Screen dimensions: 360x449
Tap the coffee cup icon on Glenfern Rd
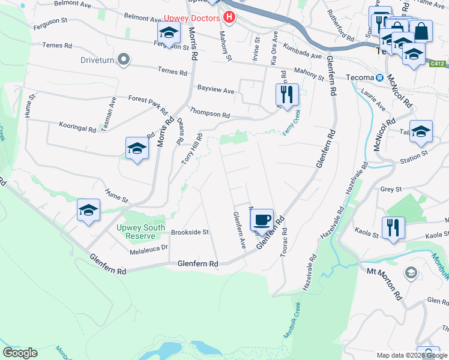tap(261, 220)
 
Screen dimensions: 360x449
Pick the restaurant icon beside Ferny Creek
tap(287, 94)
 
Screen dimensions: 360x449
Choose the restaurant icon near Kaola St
tap(393, 227)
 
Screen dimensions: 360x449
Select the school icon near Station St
tap(421, 131)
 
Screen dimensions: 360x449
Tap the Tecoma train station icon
tap(379, 78)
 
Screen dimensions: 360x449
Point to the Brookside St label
tap(189, 232)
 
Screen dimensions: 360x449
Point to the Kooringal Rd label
tap(77, 128)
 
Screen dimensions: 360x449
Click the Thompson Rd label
tap(210, 113)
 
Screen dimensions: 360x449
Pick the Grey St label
tap(390, 189)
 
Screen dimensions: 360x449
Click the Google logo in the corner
tap(20, 352)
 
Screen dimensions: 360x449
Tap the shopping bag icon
tap(422, 31)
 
